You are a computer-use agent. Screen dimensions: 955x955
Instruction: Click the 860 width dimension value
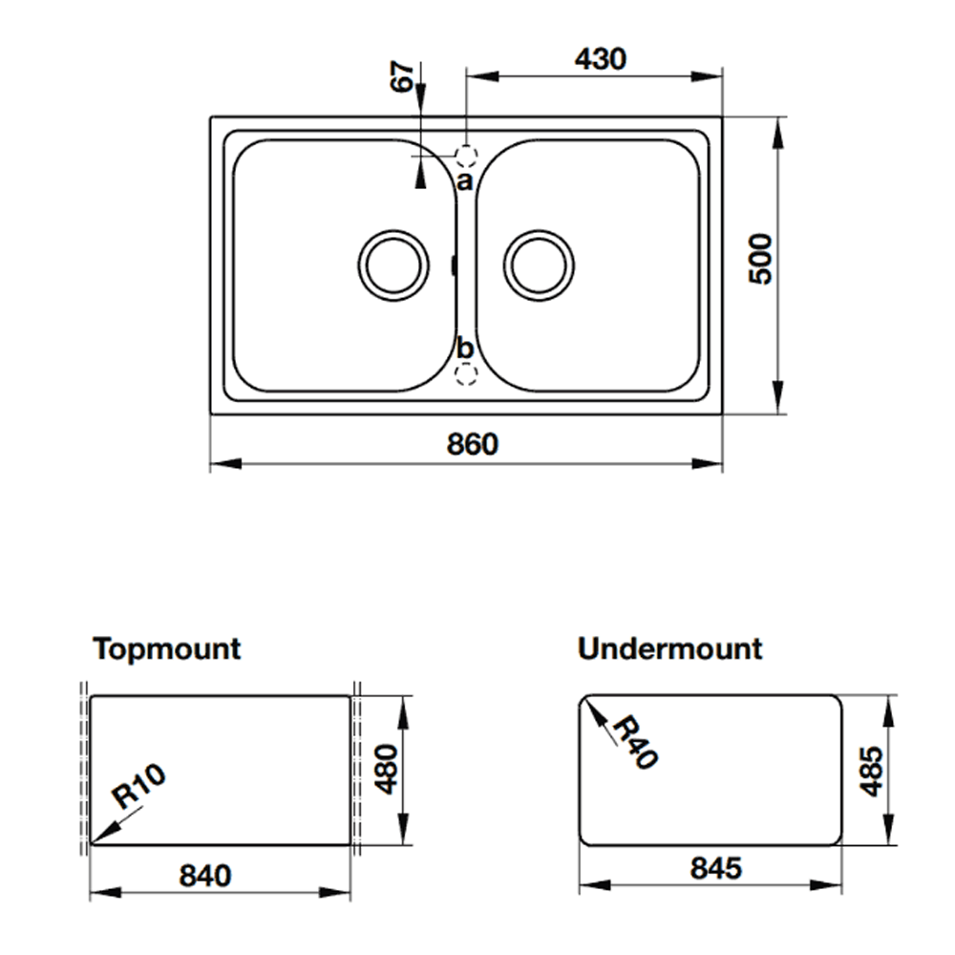473,444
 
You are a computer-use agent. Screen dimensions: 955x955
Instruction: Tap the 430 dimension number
601,59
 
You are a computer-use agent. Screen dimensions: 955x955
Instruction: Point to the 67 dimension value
404,77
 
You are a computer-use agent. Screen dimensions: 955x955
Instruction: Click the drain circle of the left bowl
392,265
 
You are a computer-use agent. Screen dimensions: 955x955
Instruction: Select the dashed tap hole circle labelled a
466,155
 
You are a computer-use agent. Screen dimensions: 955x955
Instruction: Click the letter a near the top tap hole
464,180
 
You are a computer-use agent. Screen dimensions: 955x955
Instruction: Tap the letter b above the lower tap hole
465,348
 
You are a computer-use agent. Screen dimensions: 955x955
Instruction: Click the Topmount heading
167,649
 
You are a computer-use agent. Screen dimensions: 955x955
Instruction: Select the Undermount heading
669,649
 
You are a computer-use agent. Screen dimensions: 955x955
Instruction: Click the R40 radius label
634,743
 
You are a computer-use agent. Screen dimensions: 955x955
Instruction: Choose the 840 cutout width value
204,875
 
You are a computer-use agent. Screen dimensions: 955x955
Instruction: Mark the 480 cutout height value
385,770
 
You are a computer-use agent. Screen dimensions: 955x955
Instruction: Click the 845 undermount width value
715,869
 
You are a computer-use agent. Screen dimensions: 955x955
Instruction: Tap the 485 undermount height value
871,771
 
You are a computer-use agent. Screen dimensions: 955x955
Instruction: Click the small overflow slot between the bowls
454,265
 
